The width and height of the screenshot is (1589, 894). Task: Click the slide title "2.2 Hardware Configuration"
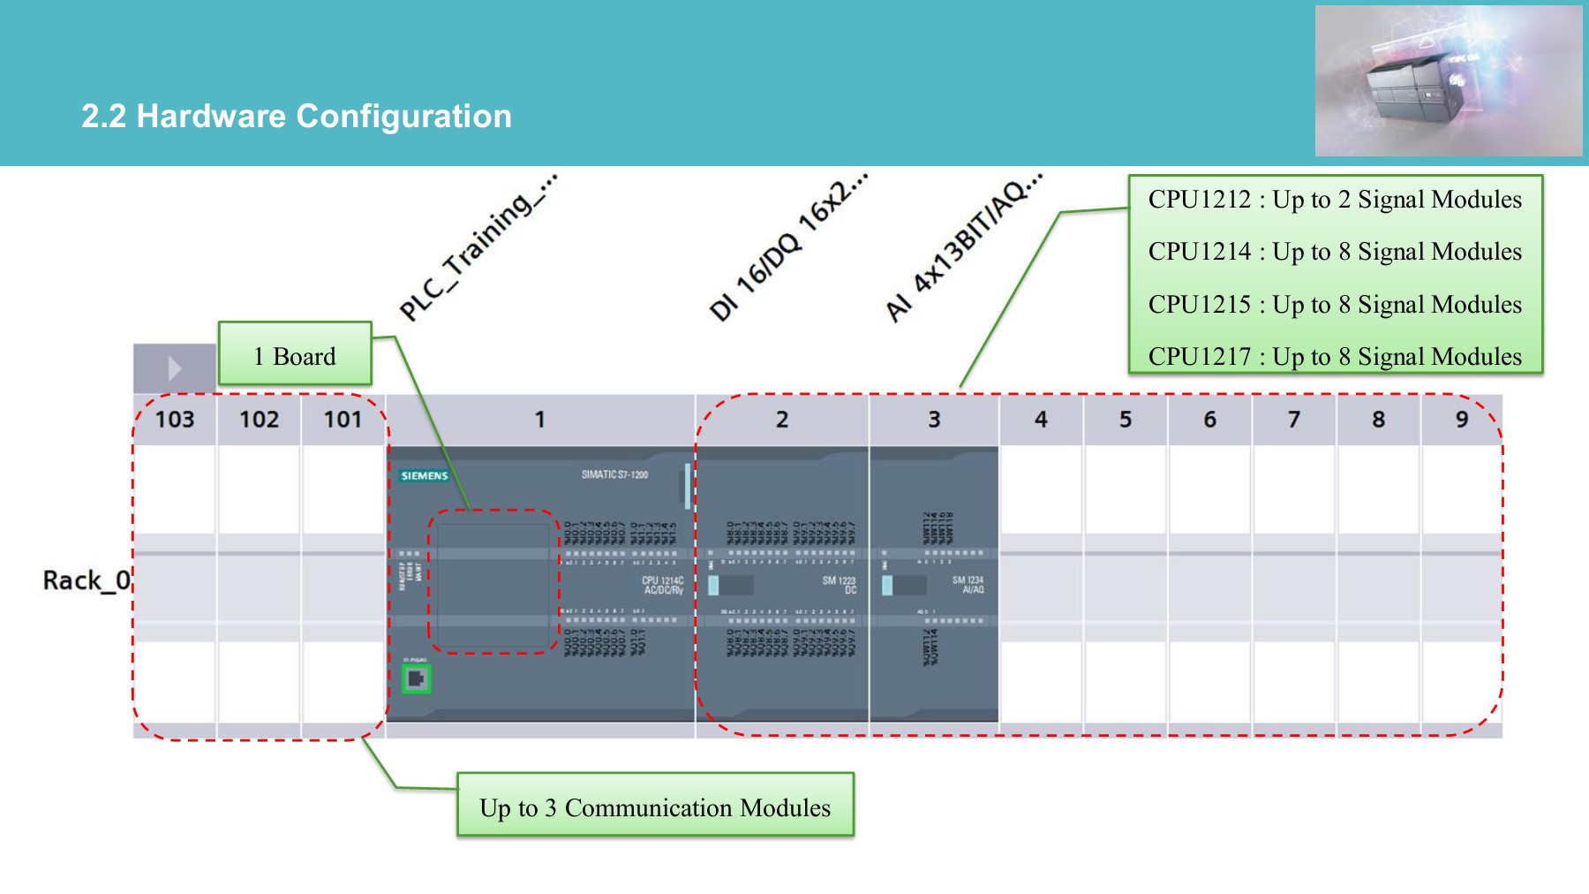(297, 117)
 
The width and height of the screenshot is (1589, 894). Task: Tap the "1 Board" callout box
(295, 356)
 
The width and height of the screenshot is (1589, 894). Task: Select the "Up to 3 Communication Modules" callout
(655, 807)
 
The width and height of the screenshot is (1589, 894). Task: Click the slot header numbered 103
(175, 420)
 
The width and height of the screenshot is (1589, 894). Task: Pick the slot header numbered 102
(260, 420)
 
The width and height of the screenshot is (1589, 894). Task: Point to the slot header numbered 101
(343, 420)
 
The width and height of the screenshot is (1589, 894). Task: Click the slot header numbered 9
(1462, 420)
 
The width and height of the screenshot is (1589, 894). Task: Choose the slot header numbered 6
(1209, 420)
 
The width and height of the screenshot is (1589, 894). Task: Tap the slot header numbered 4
(1041, 420)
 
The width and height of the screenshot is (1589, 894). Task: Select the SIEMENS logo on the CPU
(425, 475)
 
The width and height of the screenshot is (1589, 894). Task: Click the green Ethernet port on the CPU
(416, 678)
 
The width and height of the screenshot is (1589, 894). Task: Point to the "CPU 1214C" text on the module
(662, 581)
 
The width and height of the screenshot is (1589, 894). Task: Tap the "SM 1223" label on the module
(839, 581)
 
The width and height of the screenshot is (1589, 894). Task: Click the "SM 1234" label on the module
(968, 581)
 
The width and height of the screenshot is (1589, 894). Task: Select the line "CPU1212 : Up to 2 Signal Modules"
(1335, 200)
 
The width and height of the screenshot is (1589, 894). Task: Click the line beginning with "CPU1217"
(1335, 357)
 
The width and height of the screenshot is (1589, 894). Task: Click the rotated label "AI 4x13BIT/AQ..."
(964, 247)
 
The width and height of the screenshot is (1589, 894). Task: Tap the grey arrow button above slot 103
(175, 367)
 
